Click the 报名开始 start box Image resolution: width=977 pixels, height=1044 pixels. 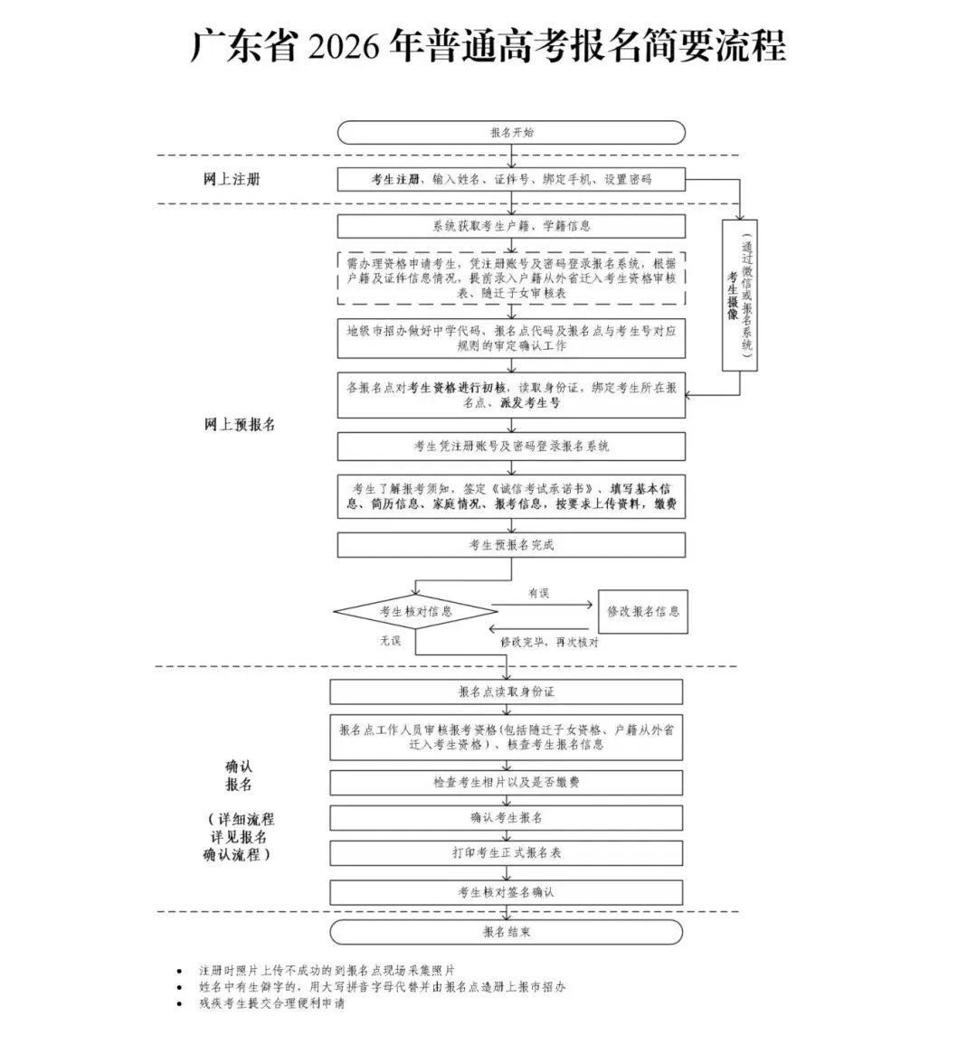click(511, 133)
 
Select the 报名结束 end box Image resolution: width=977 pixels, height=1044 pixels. click(507, 932)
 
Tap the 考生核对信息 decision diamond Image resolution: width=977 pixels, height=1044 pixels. click(415, 612)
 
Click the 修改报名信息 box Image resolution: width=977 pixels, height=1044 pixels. click(642, 611)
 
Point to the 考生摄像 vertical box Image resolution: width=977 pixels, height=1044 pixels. click(739, 296)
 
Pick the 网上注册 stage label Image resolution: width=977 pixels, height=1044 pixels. click(232, 179)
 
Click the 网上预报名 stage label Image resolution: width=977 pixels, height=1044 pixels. click(239, 424)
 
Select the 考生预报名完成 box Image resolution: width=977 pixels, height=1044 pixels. click(511, 545)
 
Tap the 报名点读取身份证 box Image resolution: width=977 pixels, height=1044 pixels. click(507, 691)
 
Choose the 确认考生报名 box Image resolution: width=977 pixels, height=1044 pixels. click(507, 817)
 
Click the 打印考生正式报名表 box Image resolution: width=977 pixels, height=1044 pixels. click(507, 852)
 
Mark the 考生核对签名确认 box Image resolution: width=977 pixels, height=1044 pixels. click(507, 892)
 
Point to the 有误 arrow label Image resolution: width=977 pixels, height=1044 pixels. click(538, 593)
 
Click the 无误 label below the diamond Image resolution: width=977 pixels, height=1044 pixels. click(391, 640)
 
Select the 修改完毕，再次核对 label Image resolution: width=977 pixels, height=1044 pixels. click(550, 642)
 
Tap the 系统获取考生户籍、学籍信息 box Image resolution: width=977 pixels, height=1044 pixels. click(511, 226)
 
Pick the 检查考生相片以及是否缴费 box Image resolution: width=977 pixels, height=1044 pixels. click(507, 782)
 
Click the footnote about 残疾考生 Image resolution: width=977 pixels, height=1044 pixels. click(271, 1003)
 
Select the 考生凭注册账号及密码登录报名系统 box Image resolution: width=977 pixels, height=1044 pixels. click(511, 446)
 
